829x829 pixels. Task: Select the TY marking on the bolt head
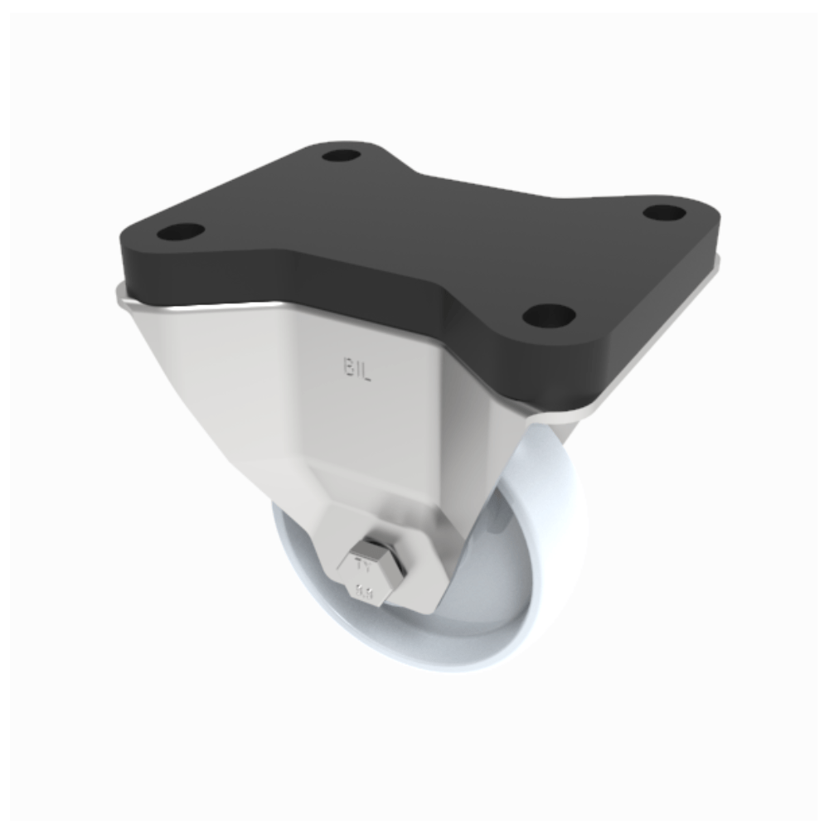click(362, 567)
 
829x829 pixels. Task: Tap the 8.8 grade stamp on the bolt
click(364, 592)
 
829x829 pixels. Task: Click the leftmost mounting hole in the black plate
click(180, 231)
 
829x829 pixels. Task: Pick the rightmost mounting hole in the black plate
click(664, 212)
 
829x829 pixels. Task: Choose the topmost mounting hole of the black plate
click(341, 155)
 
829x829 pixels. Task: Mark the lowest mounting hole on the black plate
click(550, 315)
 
